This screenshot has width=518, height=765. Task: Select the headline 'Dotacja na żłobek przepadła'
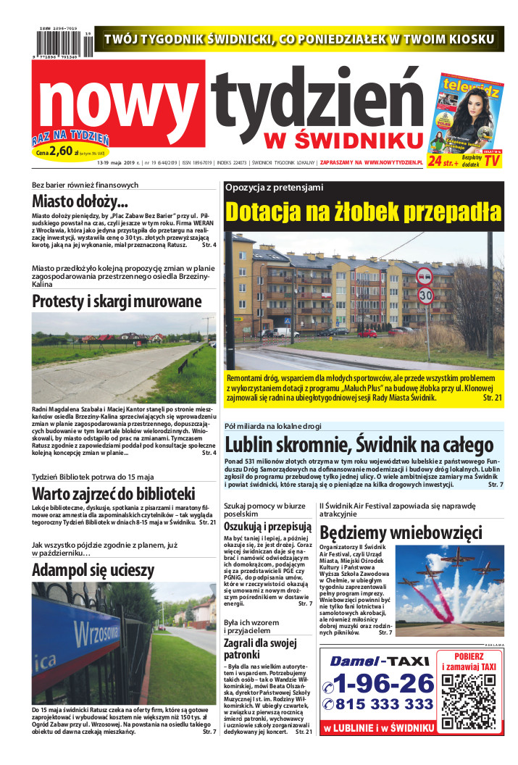click(363, 212)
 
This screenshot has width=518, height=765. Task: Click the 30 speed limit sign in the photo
click(425, 296)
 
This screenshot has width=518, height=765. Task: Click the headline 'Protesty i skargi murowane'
click(117, 301)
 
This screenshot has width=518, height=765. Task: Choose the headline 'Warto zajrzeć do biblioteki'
click(114, 494)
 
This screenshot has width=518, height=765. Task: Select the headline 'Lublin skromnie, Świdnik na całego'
click(359, 444)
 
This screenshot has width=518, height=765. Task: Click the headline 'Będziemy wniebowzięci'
click(400, 532)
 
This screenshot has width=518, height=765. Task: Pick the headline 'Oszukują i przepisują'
click(267, 527)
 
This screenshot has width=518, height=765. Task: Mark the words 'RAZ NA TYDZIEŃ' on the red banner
click(70, 138)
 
